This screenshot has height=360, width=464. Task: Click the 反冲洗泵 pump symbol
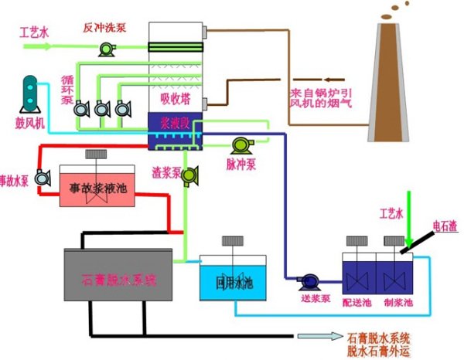click(x=105, y=49)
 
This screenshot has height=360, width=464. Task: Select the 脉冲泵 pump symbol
click(x=242, y=144)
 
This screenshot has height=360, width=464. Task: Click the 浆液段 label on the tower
click(x=174, y=121)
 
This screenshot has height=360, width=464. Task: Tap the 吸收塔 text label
click(x=174, y=98)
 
